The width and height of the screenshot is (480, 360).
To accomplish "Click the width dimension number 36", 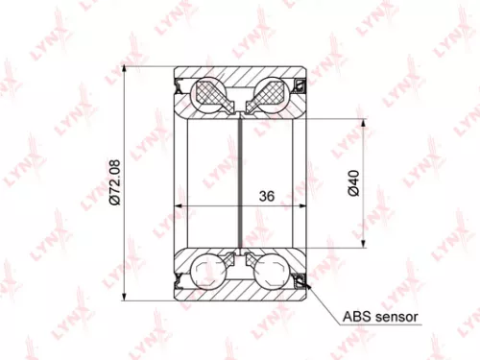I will click(267, 195).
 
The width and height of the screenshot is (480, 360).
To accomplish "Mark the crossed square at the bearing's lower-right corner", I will click(299, 279).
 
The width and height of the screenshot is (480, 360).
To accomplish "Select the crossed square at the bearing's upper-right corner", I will click(299, 86).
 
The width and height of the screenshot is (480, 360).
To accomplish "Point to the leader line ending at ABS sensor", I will click(321, 298).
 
